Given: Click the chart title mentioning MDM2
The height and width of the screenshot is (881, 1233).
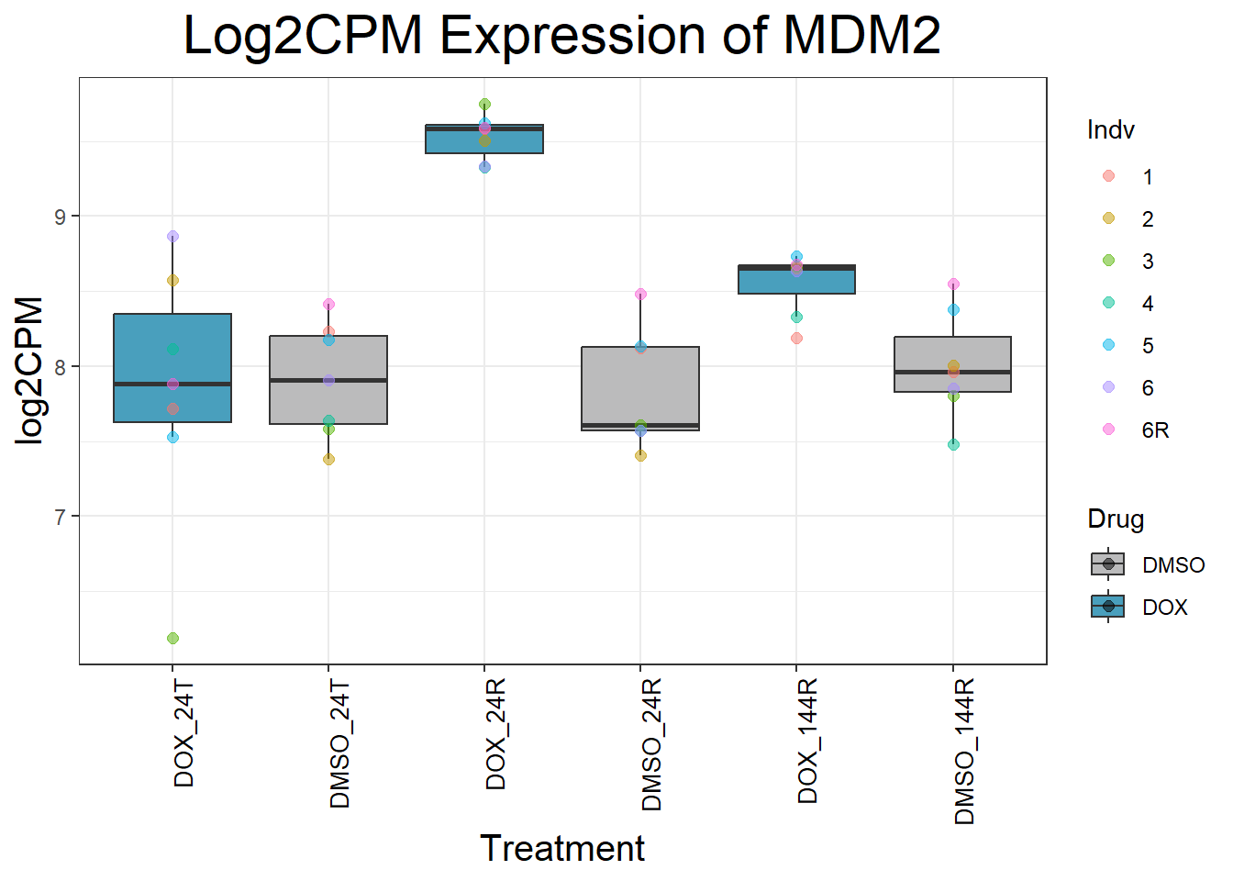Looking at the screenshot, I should (x=561, y=36).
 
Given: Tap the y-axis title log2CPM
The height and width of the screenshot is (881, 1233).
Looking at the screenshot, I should (x=30, y=370).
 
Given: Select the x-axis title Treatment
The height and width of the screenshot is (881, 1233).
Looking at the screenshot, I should (x=561, y=848).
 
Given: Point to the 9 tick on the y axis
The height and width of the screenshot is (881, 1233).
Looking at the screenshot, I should (x=61, y=217).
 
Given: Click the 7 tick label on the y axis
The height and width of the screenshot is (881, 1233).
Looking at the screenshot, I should (x=61, y=517).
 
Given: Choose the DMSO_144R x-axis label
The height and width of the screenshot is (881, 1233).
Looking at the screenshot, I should (x=964, y=752).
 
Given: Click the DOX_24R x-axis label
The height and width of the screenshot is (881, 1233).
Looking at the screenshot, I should (x=496, y=735).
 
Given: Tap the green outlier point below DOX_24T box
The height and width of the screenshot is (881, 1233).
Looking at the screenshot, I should (x=172, y=638).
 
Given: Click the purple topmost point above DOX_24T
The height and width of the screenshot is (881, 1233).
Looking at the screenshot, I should (x=172, y=236).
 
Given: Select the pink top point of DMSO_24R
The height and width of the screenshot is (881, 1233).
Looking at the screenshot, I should (x=640, y=295).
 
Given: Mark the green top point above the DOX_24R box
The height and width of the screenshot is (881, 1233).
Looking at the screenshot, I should (x=484, y=104).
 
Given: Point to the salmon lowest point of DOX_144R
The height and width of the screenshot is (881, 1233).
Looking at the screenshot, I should (x=796, y=338).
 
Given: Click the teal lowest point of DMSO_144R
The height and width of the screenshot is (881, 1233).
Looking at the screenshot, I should (x=953, y=444).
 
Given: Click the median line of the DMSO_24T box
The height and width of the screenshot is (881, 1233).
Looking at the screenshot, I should (x=328, y=379).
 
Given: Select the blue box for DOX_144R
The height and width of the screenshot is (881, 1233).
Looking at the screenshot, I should (x=796, y=281).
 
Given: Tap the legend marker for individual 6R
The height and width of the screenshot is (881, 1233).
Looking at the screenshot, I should (x=1108, y=429).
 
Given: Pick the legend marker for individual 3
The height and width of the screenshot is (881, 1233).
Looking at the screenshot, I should (x=1108, y=261).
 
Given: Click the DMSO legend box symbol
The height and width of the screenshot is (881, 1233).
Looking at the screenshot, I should (x=1108, y=564).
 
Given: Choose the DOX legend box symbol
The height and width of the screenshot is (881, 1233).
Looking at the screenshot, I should (x=1108, y=607).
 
